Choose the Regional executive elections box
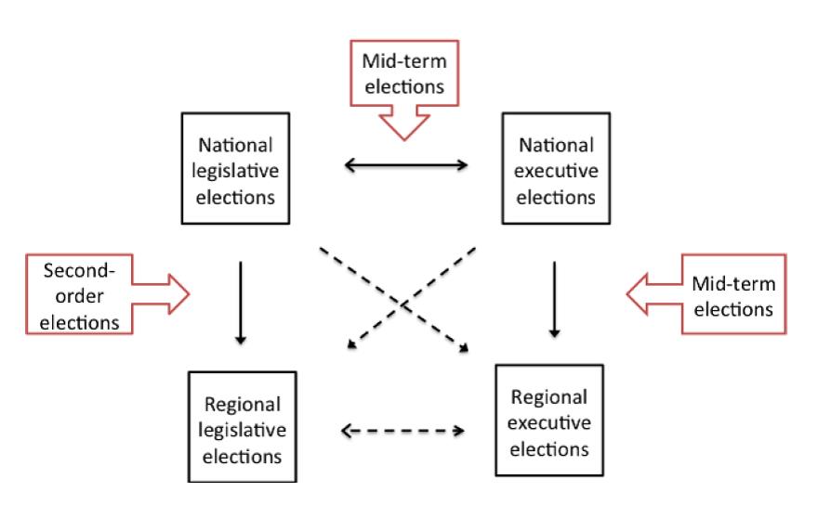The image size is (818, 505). pos(548,422)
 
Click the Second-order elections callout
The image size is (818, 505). pos(93,297)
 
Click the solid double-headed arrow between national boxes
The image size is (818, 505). pos(405,167)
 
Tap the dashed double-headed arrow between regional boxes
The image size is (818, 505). pos(402,430)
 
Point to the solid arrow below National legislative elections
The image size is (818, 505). pos(241,303)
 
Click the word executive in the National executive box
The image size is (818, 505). pos(555,171)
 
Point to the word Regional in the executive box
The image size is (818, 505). pos(548,398)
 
